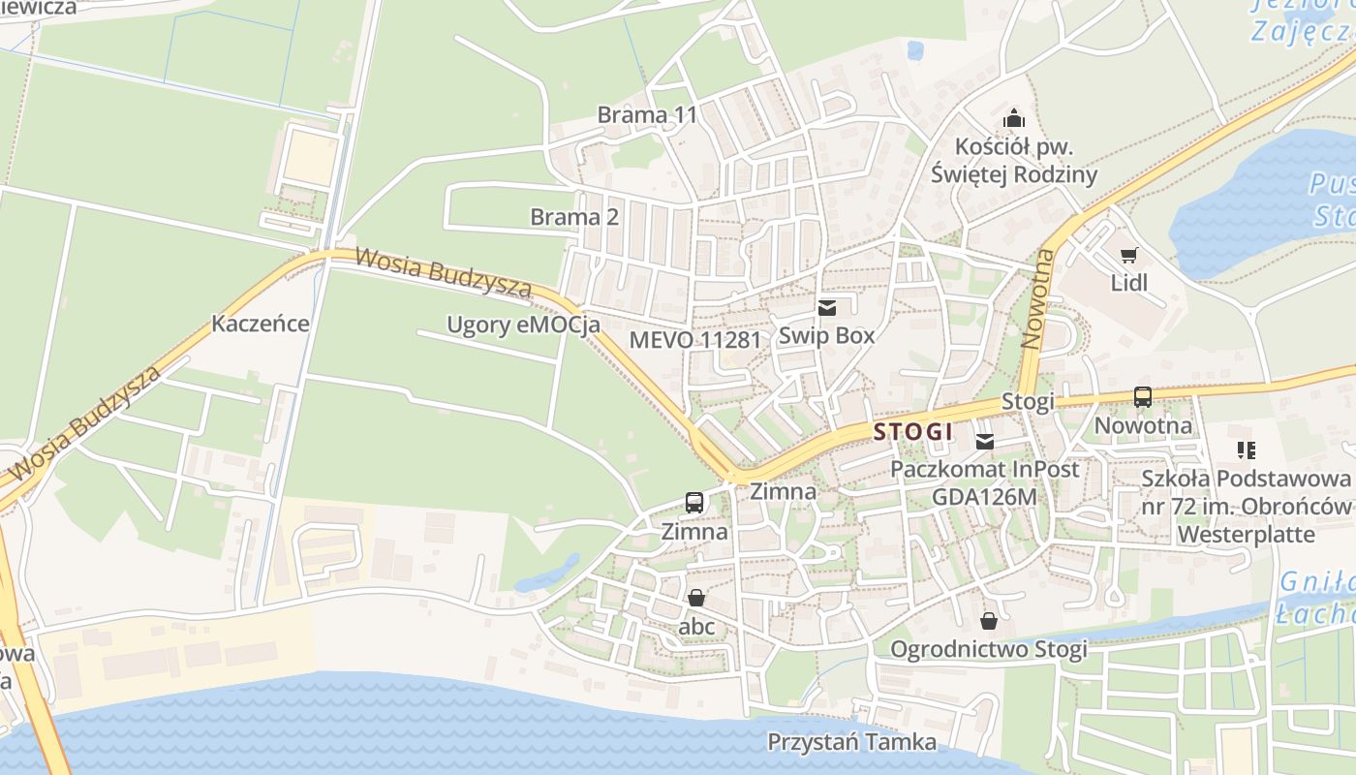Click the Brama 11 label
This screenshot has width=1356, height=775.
(x=647, y=114)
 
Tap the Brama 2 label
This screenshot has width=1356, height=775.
(x=574, y=217)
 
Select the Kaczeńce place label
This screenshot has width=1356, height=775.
(x=261, y=324)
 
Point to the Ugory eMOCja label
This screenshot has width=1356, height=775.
(x=523, y=325)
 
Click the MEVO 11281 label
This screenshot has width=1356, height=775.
(x=695, y=340)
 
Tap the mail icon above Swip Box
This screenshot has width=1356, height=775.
(x=827, y=308)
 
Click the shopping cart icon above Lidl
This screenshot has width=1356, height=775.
(x=1128, y=256)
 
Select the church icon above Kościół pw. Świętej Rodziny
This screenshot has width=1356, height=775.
(x=1014, y=119)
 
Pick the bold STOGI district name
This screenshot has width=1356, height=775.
(x=913, y=432)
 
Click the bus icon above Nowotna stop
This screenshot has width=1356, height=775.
(x=1143, y=397)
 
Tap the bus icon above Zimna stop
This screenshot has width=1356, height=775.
(x=694, y=502)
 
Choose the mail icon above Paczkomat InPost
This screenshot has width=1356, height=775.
(x=985, y=442)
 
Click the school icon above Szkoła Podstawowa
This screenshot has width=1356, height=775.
(x=1246, y=450)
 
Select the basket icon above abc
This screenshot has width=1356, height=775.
(x=695, y=598)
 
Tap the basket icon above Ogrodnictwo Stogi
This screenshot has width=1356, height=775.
(x=988, y=621)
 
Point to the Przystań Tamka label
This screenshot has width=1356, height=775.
(x=852, y=743)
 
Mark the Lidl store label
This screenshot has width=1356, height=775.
(x=1129, y=283)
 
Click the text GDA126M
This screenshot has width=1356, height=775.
(x=984, y=497)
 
